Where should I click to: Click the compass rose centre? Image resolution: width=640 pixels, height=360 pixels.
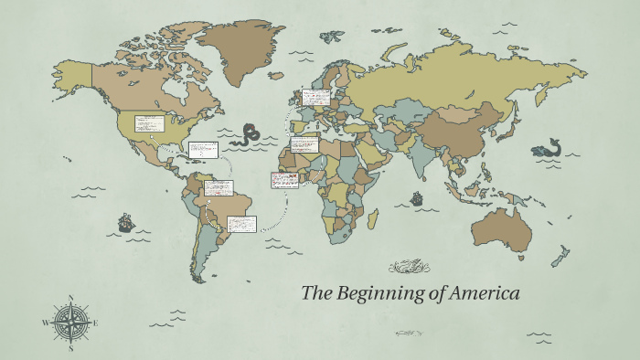point(70,322)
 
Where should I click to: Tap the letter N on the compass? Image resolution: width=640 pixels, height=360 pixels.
point(70,298)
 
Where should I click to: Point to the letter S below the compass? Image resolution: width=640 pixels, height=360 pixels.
point(70,347)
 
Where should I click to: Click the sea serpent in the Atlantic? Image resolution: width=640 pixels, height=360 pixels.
point(248,137)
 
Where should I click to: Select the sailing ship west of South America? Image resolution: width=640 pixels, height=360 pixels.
point(126,222)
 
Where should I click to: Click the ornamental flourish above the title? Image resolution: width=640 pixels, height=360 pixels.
point(409,268)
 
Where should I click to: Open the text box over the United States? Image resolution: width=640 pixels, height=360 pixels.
point(149,123)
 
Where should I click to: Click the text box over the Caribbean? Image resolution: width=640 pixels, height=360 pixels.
point(203,150)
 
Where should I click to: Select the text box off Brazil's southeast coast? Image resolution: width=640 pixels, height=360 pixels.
point(242,223)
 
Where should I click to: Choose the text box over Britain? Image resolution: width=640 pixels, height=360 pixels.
point(317,96)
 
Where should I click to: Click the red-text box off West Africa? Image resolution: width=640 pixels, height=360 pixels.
point(284,180)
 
